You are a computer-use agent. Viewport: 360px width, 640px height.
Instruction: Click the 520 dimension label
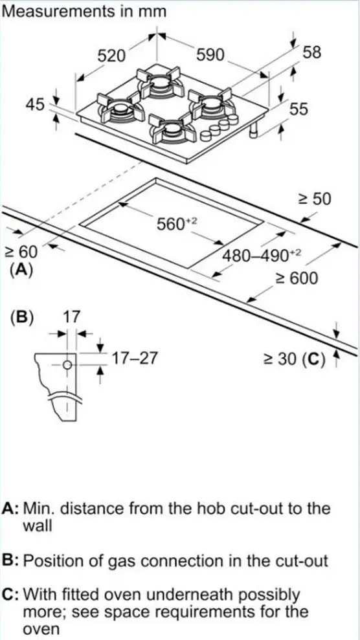(111, 56)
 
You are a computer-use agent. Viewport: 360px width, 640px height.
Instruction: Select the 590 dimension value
(210, 56)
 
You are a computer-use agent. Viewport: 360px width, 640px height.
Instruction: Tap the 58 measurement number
(311, 52)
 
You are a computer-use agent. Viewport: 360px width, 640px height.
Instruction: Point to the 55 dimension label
(298, 109)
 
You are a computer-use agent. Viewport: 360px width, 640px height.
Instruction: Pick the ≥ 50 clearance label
(313, 199)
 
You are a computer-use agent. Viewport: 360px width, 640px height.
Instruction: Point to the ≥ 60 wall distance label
(21, 251)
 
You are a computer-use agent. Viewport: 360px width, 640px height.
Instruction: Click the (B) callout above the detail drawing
(23, 318)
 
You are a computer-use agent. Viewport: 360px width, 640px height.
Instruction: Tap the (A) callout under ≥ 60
(21, 270)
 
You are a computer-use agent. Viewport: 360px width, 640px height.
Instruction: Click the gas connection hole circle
(66, 366)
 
